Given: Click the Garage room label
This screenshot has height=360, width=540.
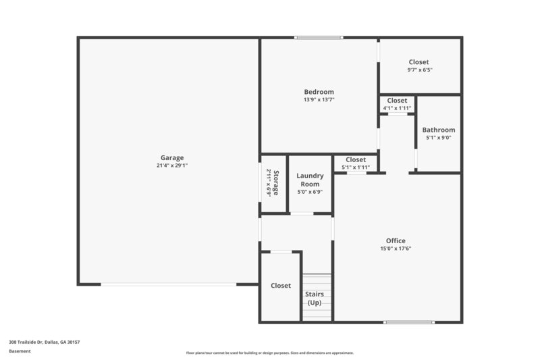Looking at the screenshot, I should (x=171, y=158).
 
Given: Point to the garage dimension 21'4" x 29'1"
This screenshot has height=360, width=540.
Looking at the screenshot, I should (x=171, y=165).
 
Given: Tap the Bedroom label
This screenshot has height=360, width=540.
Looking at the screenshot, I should (x=319, y=92).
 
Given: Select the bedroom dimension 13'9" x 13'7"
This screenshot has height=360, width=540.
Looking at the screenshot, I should (x=319, y=99).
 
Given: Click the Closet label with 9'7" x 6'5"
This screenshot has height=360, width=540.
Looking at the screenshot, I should (x=418, y=62).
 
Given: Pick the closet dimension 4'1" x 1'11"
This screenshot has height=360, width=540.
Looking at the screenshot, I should (x=397, y=108).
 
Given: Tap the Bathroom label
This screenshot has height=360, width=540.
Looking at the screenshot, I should (x=439, y=130).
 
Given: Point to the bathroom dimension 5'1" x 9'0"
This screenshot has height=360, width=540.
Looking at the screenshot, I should (x=439, y=138).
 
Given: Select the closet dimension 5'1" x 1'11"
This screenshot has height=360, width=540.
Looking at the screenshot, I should (x=356, y=167).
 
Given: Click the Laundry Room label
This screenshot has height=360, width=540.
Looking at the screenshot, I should (x=310, y=180).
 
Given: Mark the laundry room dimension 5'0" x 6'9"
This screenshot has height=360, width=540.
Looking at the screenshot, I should (x=310, y=192).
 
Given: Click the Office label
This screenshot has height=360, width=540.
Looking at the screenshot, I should (x=396, y=241).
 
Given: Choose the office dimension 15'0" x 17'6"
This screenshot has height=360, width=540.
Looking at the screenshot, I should (x=396, y=249).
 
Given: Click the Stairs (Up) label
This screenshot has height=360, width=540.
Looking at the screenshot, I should (x=315, y=298).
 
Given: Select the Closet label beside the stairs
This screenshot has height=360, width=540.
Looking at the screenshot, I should (x=281, y=286).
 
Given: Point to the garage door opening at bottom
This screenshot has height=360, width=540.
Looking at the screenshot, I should (x=169, y=284).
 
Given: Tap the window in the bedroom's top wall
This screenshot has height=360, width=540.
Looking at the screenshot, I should (x=314, y=38).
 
